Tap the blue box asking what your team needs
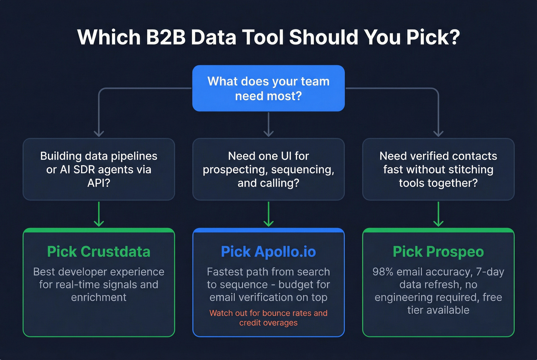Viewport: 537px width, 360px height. tap(268, 88)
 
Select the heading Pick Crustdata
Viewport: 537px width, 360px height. tap(99, 252)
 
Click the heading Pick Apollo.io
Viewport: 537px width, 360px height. tap(268, 252)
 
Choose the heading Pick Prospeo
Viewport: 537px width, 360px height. tap(438, 252)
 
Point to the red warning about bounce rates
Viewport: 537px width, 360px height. tap(268, 318)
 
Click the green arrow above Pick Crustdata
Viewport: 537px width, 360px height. tap(99, 215)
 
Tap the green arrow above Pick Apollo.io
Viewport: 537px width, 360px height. tap(268, 215)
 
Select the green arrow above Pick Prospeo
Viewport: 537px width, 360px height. tap(438, 215)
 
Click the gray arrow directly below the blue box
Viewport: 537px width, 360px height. tap(268, 125)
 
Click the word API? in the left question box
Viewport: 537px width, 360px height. tap(99, 183)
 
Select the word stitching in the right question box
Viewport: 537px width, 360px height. tap(470, 169)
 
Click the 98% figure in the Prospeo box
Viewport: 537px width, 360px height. tap(383, 272)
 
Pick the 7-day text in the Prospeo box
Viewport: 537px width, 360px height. tap(490, 272)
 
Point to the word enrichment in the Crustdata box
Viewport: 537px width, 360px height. tap(99, 298)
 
